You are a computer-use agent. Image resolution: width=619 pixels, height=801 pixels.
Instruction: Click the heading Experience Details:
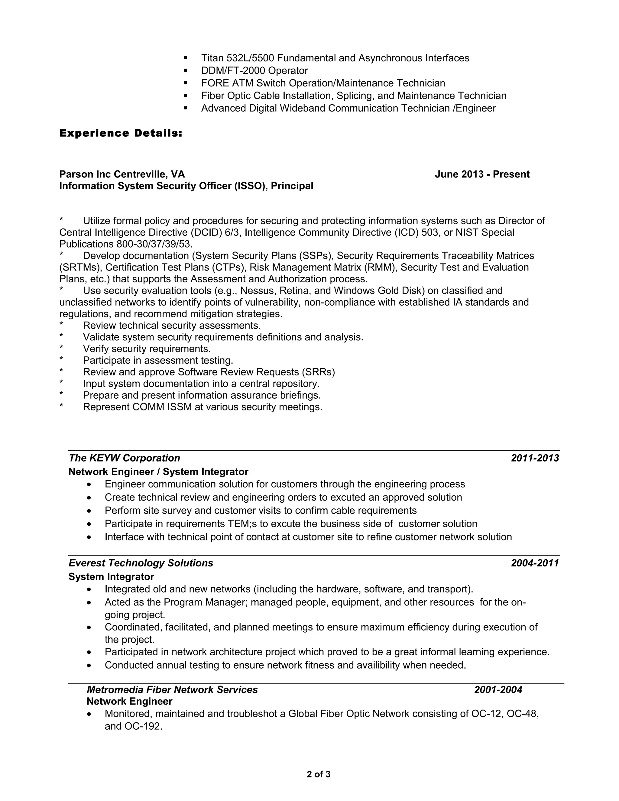[121, 133]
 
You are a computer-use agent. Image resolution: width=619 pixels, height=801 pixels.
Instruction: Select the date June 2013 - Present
[482, 174]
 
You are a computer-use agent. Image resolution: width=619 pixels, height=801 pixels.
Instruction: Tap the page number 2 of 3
[318, 774]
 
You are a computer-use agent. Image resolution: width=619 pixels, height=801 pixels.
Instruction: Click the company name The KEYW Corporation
[124, 458]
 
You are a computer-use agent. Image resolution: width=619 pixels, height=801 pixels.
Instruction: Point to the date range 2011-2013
[535, 458]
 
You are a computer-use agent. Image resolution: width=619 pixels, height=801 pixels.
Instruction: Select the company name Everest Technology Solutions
[141, 563]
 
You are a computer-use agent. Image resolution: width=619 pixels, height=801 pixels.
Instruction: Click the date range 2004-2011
[535, 563]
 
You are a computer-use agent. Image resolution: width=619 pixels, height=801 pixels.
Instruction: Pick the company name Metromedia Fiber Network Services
[172, 689]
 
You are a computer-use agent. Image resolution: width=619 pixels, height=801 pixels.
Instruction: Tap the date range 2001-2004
[498, 689]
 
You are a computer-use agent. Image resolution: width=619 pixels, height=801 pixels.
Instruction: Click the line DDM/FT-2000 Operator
[254, 70]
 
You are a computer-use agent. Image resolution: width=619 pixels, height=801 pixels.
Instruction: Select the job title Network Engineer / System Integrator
[158, 472]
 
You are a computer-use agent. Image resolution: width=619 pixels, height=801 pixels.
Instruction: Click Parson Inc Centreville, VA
[122, 174]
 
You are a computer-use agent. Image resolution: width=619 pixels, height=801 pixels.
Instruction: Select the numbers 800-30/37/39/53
[154, 244]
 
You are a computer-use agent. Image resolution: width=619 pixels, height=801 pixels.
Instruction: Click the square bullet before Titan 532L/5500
[186, 58]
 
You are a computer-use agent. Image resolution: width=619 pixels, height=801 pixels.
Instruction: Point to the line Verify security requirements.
[147, 349]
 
